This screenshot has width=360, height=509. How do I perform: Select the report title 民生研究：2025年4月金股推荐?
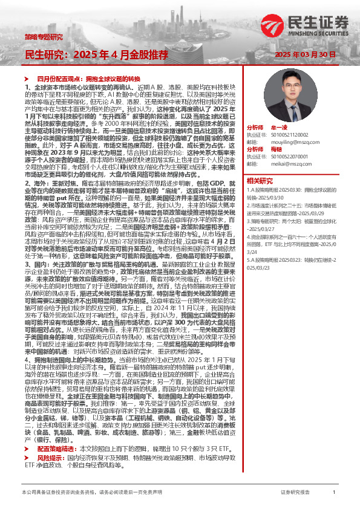tap(96, 54)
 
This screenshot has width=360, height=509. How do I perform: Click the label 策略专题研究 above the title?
tap(43, 37)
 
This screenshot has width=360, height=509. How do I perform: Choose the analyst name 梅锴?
tap(277, 149)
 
